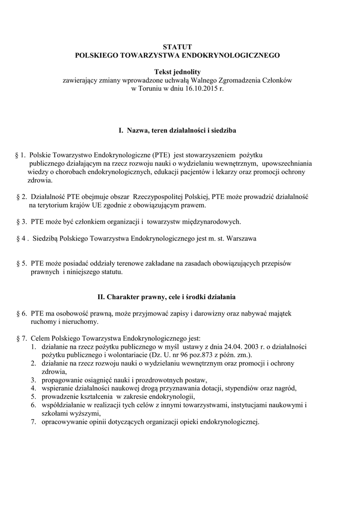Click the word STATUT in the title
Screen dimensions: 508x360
pyautogui.click(x=177, y=47)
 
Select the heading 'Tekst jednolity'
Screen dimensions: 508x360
pyautogui.click(x=177, y=71)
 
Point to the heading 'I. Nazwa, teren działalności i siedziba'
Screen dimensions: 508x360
pyautogui.click(x=177, y=131)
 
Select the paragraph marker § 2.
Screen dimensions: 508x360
pyautogui.click(x=20, y=196)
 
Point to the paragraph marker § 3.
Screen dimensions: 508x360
pyautogui.click(x=20, y=221)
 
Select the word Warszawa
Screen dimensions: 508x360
pyautogui.click(x=240, y=238)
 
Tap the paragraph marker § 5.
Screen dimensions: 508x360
pyautogui.click(x=20, y=263)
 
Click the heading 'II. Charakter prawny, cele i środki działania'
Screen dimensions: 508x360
pyautogui.click(x=177, y=297)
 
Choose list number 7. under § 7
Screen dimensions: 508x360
pyautogui.click(x=33, y=422)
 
